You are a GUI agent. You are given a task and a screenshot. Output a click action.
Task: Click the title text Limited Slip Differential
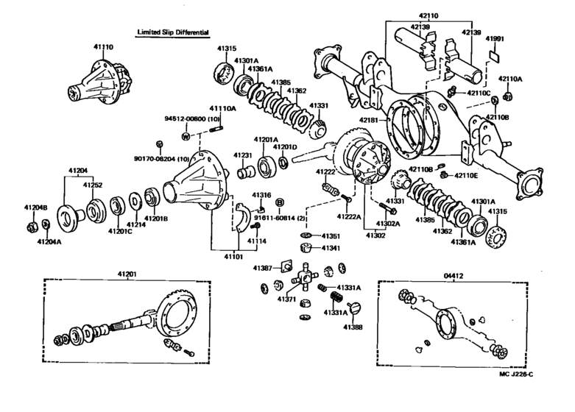point(172,32)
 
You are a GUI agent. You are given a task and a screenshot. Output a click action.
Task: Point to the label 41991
point(495,39)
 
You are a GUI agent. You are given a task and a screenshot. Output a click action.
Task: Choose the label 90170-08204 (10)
point(161,159)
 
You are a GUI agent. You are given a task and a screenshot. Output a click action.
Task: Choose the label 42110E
point(466,175)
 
